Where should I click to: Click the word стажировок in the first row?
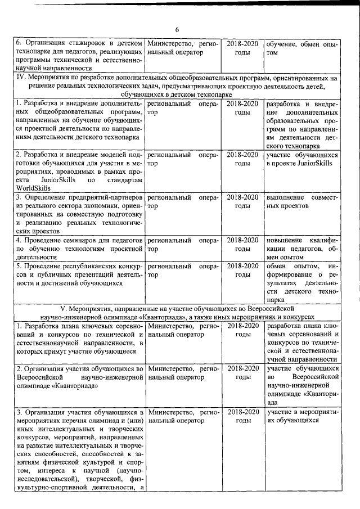(x=85, y=43)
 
